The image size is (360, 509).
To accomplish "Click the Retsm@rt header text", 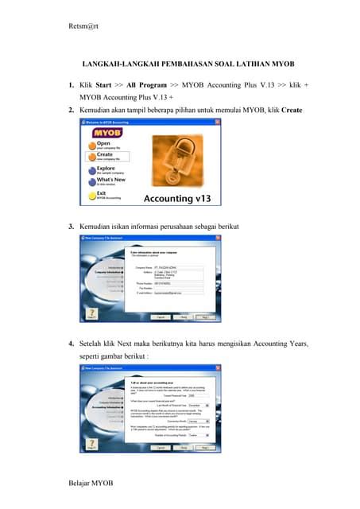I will coord(83,27).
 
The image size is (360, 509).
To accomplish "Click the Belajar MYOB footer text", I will coord(91,482).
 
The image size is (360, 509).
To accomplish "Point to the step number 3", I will coord(72,229).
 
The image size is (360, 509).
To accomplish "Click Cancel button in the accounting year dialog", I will coord(160,447).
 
